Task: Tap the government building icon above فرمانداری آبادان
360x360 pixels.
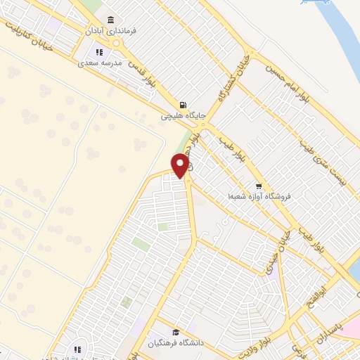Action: tap(109, 20)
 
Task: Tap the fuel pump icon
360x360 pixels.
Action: tap(183, 103)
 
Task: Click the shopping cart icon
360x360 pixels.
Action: tap(258, 186)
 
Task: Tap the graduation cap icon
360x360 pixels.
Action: tap(174, 332)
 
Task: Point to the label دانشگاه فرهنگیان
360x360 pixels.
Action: tap(176, 343)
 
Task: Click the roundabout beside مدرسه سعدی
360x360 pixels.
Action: tap(120, 44)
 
